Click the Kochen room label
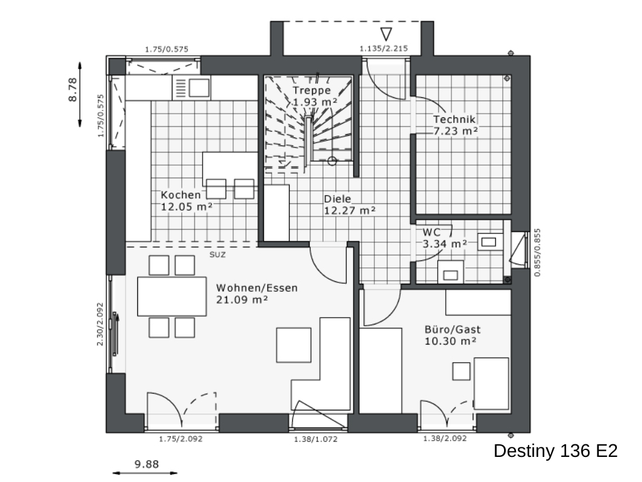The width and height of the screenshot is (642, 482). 181,195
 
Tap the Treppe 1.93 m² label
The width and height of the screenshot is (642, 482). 315,96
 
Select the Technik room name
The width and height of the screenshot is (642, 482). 454,119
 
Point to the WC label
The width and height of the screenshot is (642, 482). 431,232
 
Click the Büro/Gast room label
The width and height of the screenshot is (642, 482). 453,329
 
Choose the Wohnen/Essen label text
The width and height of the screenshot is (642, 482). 256,288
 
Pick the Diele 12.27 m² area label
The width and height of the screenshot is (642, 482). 350,205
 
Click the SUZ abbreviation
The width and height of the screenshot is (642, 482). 218,255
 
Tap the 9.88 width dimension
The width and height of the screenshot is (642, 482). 147,464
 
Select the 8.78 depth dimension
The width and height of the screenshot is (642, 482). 73,90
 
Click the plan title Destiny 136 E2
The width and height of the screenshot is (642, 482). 555,451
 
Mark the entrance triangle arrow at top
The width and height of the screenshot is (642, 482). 386,34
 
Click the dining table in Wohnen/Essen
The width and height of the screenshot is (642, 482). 172,296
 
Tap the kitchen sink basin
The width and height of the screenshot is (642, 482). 199,88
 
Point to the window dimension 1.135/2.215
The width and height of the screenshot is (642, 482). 384,48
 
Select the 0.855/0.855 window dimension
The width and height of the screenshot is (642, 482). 537,252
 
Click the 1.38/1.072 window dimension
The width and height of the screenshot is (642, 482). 316,439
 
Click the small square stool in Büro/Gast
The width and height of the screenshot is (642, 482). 461,372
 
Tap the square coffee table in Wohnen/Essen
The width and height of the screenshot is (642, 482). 293,345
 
